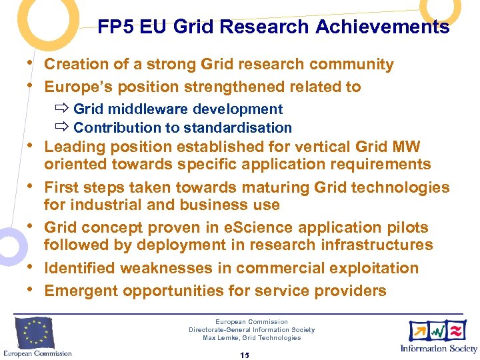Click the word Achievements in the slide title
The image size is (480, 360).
pyautogui.click(x=394, y=27)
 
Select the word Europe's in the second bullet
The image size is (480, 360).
pyautogui.click(x=75, y=87)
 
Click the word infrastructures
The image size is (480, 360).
pyautogui.click(x=377, y=245)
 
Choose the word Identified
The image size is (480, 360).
pyautogui.click(x=77, y=268)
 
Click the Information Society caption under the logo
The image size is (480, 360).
pyautogui.click(x=439, y=349)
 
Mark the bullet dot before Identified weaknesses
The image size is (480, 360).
pyautogui.click(x=31, y=267)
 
